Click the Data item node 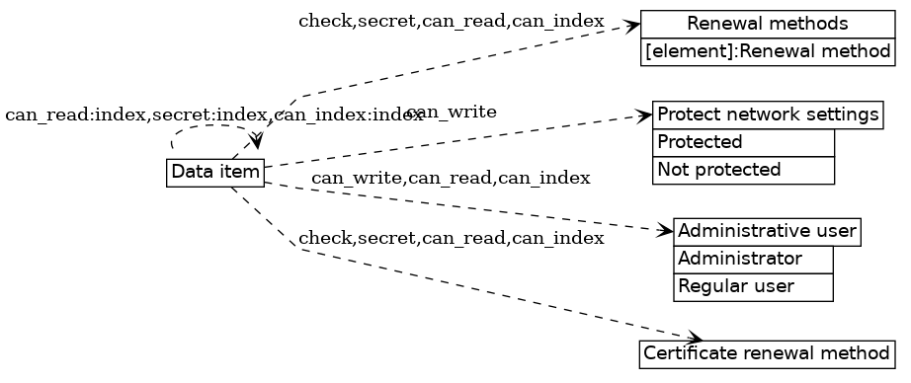tap(215, 172)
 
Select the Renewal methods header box tap(768, 23)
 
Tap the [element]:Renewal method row tap(768, 50)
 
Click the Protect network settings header tap(768, 115)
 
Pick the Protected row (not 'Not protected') tap(743, 142)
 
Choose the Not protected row tap(743, 170)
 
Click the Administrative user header tap(767, 232)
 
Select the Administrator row tap(753, 260)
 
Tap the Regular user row tap(753, 287)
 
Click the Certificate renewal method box tap(768, 352)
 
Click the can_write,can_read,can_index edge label tap(451, 179)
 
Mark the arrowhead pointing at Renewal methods tap(633, 26)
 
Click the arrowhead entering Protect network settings tap(645, 116)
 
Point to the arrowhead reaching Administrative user tap(666, 231)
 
